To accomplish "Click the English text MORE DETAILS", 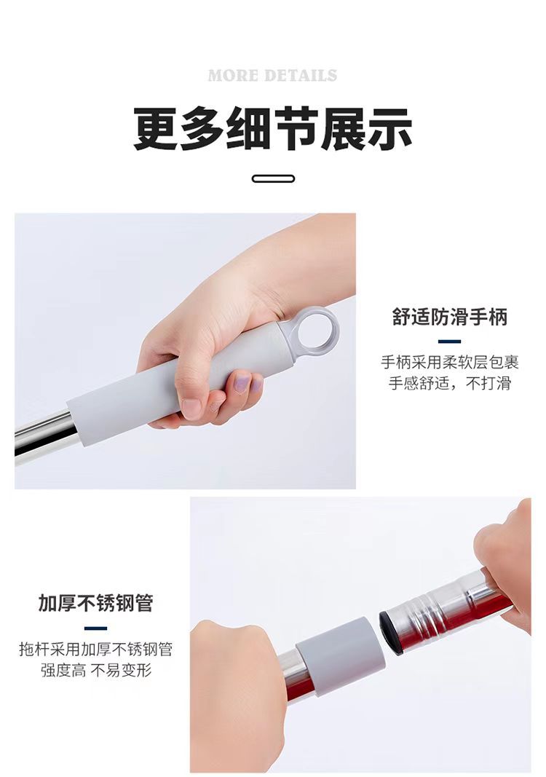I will (272, 76).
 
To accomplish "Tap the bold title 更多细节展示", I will (273, 129).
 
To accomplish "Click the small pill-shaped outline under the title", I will (273, 178).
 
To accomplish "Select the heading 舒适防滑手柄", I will (449, 317).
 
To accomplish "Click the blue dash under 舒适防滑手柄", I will (449, 341).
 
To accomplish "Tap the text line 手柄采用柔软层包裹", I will (449, 362).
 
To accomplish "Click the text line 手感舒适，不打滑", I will (449, 384).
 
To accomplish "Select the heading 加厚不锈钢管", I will (96, 604).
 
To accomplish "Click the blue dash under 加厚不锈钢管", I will (96, 628).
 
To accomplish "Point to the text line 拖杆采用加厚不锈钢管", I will (96, 649).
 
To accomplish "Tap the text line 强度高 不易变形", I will (96, 670).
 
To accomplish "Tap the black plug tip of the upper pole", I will (390, 633).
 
